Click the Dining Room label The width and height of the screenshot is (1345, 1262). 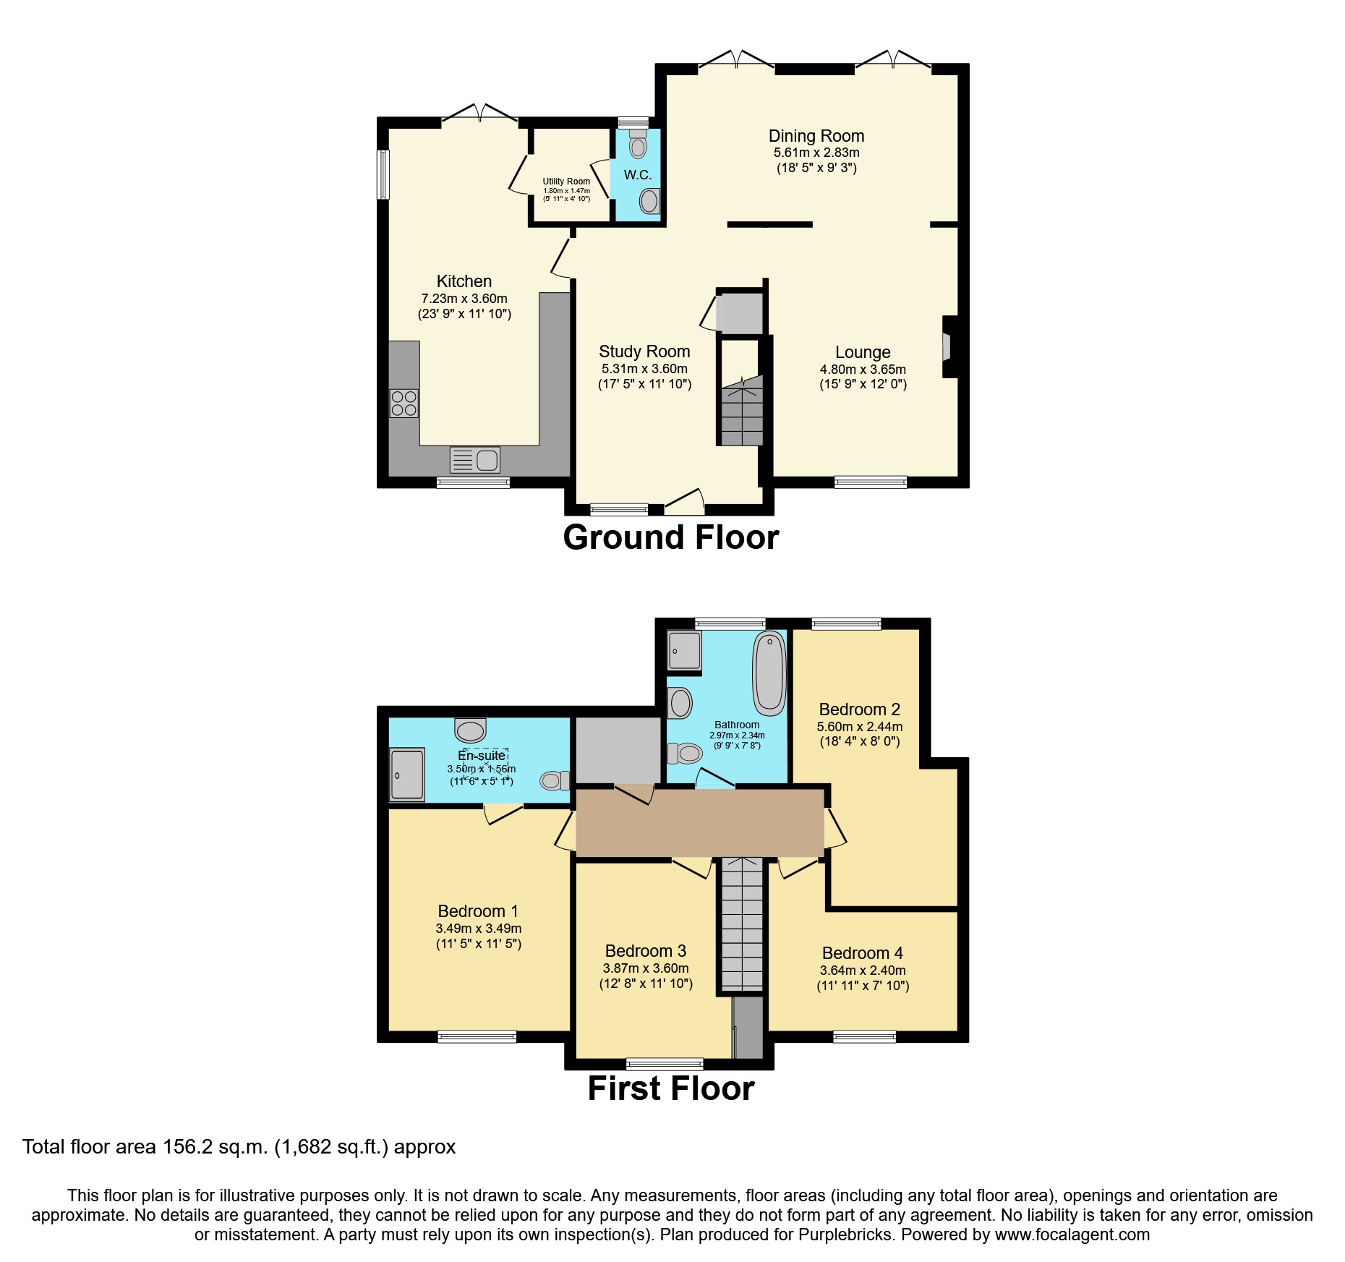[816, 136]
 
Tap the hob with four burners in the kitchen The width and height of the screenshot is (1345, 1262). [403, 404]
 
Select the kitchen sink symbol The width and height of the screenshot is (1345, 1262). [474, 460]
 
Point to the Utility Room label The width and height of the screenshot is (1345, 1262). [566, 182]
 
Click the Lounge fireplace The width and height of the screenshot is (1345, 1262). [948, 346]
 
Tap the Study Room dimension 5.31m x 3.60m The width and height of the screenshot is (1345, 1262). [644, 369]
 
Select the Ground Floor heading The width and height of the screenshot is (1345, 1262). [670, 538]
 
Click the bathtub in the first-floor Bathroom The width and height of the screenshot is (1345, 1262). [769, 672]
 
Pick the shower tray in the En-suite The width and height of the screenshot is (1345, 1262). [407, 775]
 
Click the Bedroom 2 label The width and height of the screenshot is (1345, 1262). [859, 709]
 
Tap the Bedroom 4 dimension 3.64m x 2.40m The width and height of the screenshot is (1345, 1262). [863, 971]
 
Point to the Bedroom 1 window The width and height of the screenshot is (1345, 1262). [477, 1036]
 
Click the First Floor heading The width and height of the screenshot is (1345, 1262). [670, 1089]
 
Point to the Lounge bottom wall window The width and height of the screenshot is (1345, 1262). [871, 482]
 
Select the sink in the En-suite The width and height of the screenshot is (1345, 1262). [471, 730]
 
